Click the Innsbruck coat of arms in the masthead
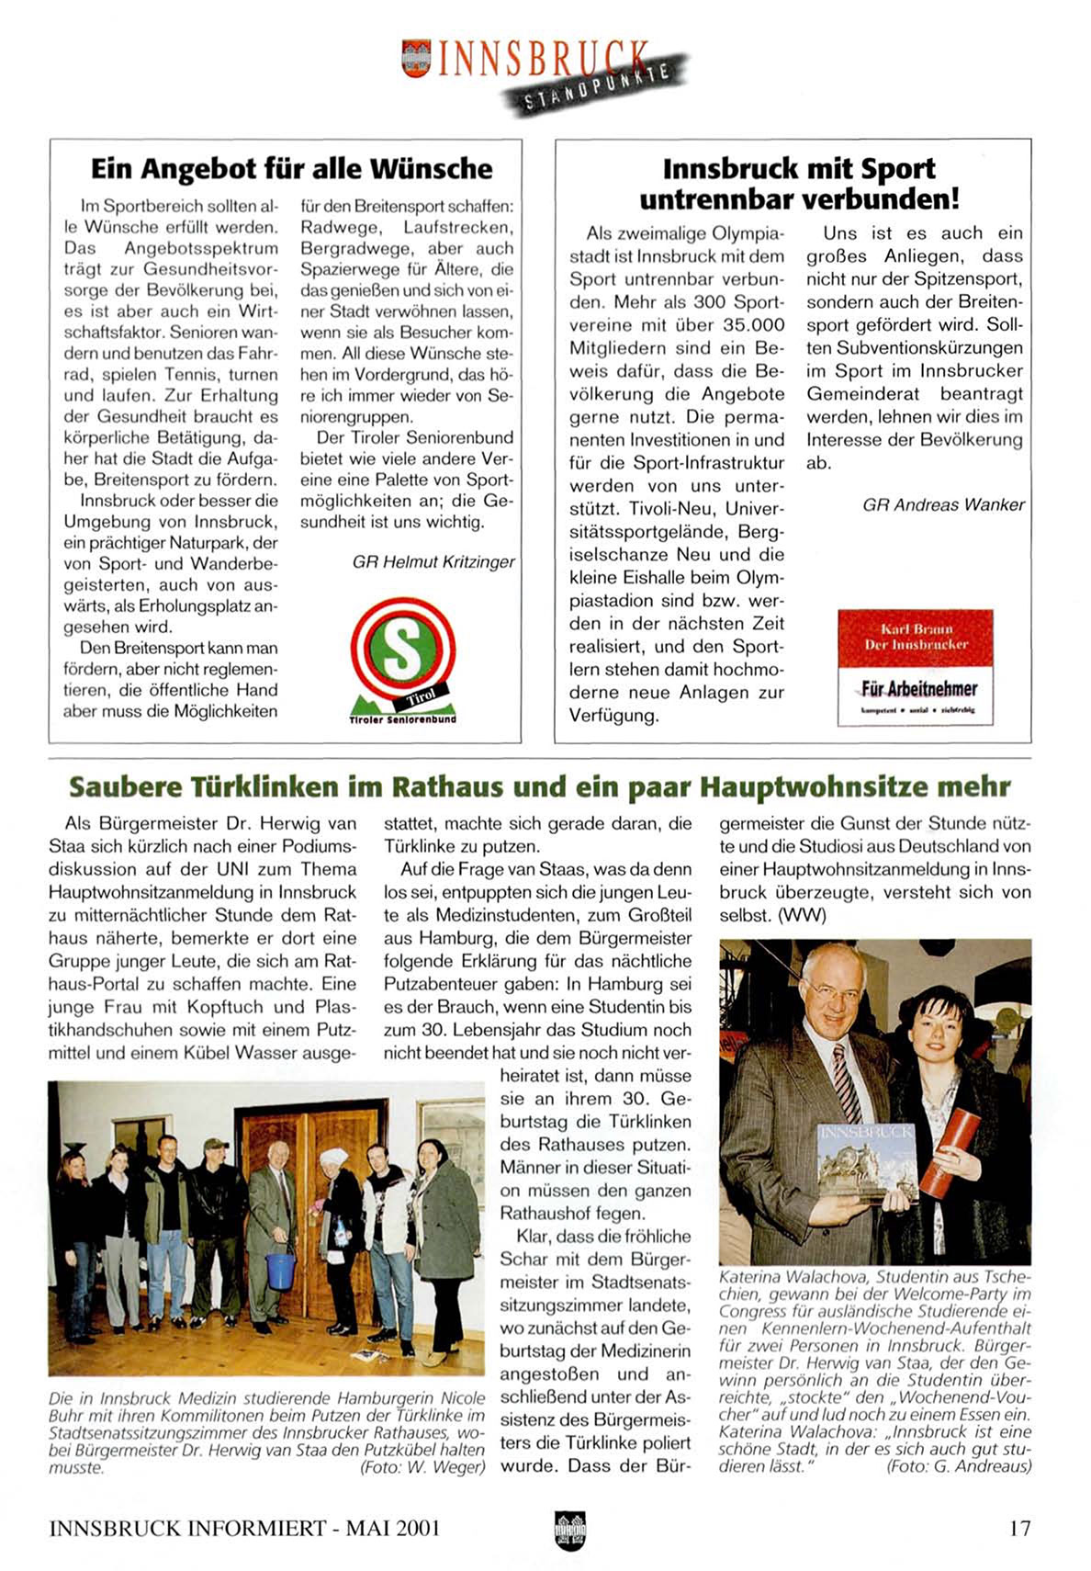point(416,57)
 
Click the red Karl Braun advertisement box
point(915,666)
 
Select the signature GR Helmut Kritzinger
point(433,562)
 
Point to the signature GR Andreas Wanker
point(943,504)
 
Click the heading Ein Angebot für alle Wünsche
point(291,169)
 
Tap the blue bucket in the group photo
point(280,1269)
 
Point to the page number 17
point(1019,1529)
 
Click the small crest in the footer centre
point(569,1530)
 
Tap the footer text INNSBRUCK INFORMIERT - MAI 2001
point(244,1529)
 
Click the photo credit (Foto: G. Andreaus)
point(958,1466)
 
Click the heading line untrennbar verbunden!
point(799,198)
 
